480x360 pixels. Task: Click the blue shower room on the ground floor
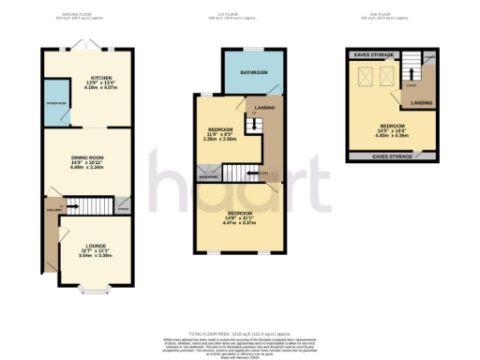click(x=55, y=103)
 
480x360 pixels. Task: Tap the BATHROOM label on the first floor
click(x=254, y=73)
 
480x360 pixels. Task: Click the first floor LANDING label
click(x=265, y=108)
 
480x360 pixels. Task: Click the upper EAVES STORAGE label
click(x=372, y=55)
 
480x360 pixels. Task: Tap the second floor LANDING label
click(x=421, y=103)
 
